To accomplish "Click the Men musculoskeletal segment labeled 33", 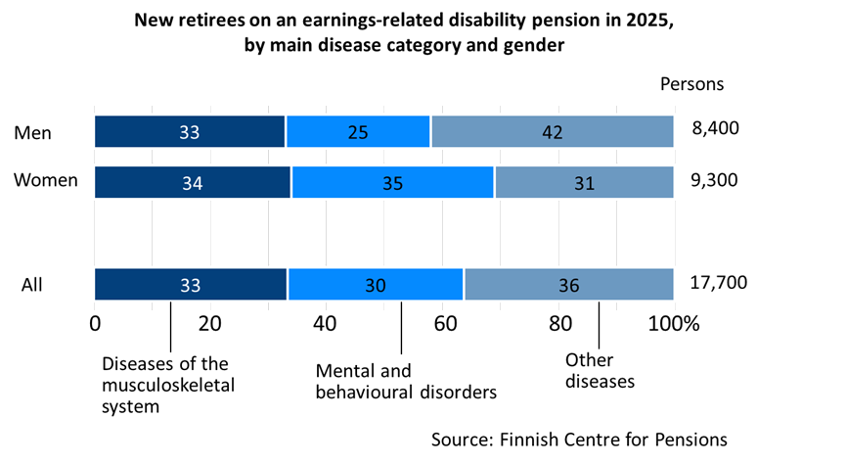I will click(x=189, y=132).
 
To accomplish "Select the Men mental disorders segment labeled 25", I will click(x=358, y=132).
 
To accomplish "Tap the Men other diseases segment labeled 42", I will click(x=553, y=132).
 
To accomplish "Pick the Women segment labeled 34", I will click(x=192, y=182).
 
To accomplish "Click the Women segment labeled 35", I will click(x=392, y=182).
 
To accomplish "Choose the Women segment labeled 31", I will click(x=584, y=182).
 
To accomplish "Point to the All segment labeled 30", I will click(x=375, y=285).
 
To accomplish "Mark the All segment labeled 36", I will click(x=568, y=285).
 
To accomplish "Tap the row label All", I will click(x=31, y=285).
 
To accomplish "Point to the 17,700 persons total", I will click(x=718, y=283).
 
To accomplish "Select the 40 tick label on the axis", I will click(x=326, y=324).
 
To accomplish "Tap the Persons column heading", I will click(x=691, y=83).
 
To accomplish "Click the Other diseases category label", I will click(x=599, y=371).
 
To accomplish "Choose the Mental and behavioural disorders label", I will click(x=406, y=382).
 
